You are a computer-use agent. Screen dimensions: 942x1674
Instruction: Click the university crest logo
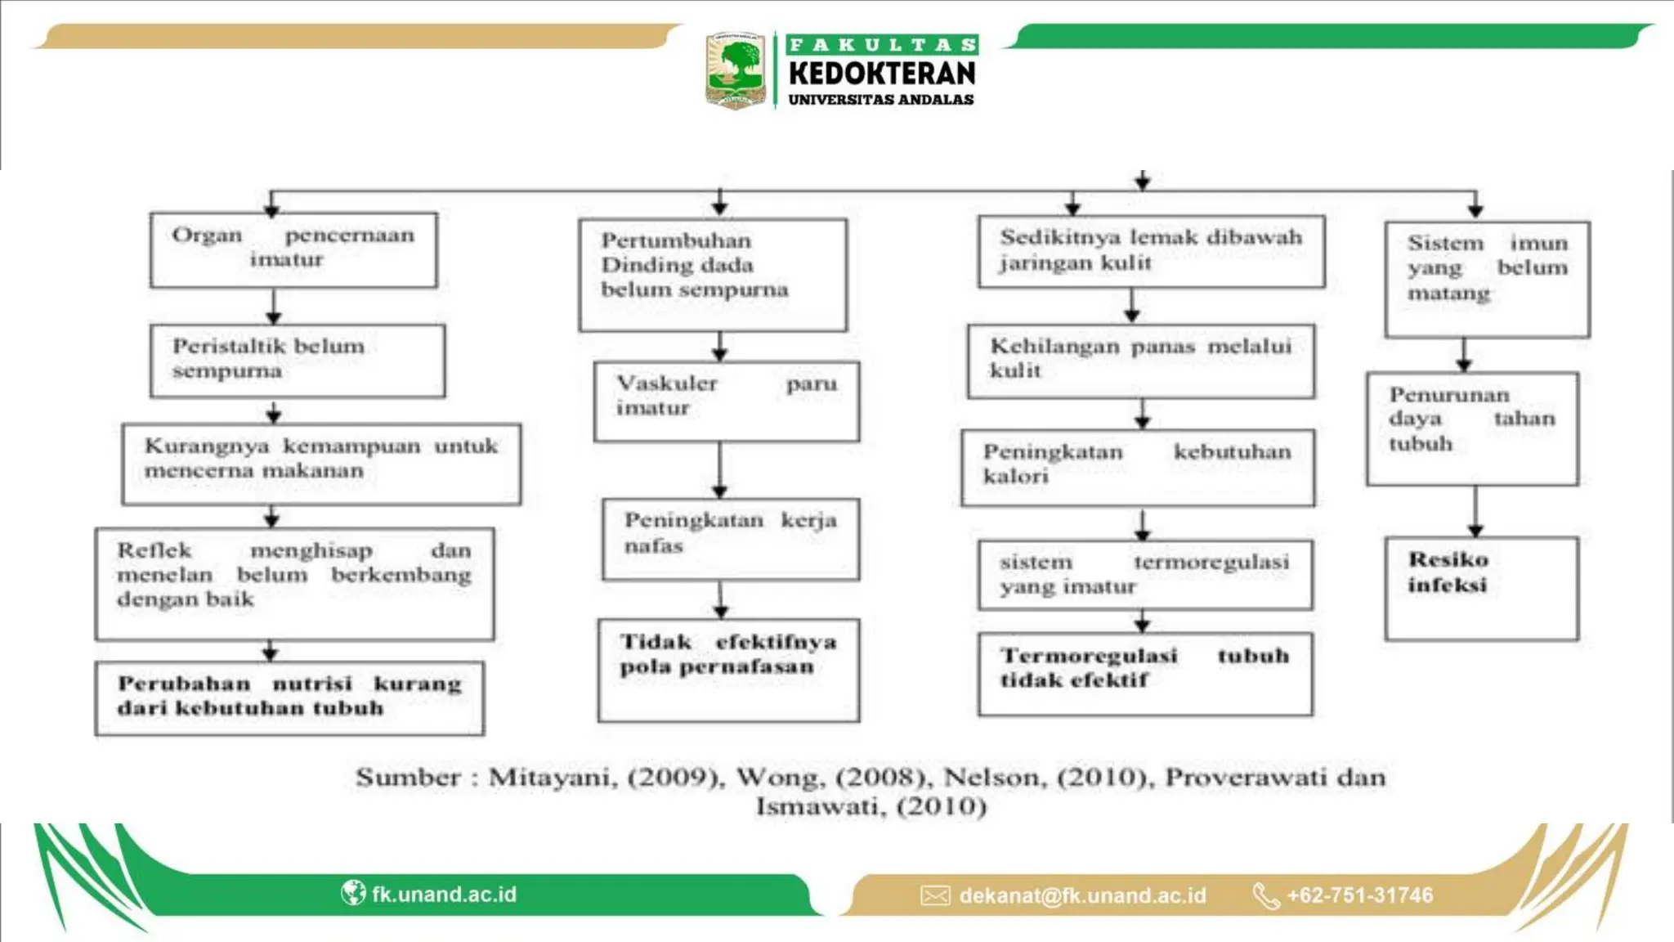[x=735, y=70]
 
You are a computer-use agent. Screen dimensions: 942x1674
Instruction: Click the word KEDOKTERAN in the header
[x=882, y=74]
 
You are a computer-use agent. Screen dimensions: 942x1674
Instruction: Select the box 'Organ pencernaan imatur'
[x=293, y=250]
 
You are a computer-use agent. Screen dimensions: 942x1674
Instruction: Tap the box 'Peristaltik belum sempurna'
[x=298, y=361]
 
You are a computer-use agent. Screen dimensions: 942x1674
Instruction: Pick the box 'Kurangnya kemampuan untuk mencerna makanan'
[x=321, y=463]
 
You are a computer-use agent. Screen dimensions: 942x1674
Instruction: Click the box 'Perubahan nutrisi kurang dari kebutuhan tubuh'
[x=289, y=698]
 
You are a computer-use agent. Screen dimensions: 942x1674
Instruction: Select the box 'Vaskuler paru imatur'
[x=727, y=401]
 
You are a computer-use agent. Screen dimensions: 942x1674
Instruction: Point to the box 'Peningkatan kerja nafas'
[x=731, y=539]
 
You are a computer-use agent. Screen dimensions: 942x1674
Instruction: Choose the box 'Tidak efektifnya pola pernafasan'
[x=728, y=670]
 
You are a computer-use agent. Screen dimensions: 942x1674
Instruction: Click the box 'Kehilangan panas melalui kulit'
[x=1141, y=361]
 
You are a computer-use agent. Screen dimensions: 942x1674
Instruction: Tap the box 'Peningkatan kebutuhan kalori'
[x=1138, y=467]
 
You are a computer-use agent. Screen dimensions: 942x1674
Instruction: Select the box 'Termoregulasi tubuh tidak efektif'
[x=1145, y=673]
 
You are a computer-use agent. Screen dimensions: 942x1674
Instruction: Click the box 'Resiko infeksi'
[x=1481, y=587]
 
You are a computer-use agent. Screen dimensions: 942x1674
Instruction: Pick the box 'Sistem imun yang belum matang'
[x=1487, y=279]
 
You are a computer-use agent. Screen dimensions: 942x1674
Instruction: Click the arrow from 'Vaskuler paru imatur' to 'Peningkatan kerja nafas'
[x=720, y=469]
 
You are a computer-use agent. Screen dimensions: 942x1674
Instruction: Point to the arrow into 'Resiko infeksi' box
[x=1475, y=511]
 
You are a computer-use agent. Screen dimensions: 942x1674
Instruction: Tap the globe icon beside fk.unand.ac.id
[x=353, y=893]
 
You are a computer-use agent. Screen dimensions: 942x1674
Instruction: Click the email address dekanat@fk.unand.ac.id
[x=1082, y=895]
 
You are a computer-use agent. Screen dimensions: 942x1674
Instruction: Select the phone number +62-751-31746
[x=1359, y=895]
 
